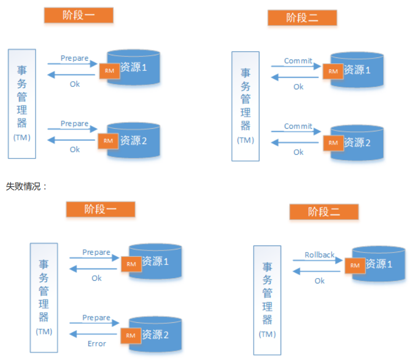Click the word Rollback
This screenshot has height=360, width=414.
coord(319,255)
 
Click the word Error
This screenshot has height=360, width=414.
coord(97,344)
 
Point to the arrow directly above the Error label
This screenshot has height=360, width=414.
coord(94,334)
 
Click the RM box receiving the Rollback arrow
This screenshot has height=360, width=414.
coord(355,265)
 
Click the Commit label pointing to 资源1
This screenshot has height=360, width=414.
coord(298,61)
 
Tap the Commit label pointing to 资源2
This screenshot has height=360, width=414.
coord(298,127)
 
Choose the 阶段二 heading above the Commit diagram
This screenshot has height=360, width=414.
coord(302,18)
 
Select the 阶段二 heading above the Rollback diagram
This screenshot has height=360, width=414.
coord(324,212)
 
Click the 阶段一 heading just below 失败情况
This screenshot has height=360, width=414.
coord(100,209)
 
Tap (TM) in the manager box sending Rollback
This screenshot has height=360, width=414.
coord(267,334)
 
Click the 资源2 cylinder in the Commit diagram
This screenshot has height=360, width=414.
coord(357,143)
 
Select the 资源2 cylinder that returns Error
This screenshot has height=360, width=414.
coord(157,335)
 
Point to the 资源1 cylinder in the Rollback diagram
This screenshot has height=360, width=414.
coord(379,263)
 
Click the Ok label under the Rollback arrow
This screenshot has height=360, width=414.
coord(319,280)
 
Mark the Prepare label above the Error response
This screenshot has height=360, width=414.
coord(96,318)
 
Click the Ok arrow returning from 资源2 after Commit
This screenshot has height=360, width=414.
coord(295,143)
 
